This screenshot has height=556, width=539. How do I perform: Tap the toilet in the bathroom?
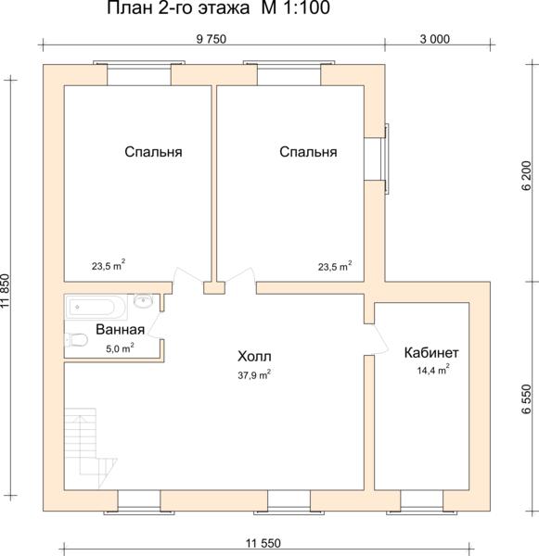coord(76,340)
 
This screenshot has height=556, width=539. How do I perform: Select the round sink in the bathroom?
coord(144,300)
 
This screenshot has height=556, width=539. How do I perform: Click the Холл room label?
coord(254,357)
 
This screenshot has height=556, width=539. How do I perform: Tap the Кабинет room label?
coord(431,352)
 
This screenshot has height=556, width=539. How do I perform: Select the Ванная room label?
coord(121,329)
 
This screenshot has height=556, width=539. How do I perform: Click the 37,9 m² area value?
coord(254,374)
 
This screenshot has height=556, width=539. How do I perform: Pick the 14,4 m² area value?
coord(433,370)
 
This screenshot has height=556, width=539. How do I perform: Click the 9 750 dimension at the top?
coord(212,39)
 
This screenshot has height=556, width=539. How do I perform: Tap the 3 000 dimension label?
coord(434,39)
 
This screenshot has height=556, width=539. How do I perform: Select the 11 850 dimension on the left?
coord(5,291)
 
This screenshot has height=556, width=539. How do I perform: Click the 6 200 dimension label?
coord(527,175)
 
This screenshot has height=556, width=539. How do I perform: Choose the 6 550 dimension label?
coord(527,398)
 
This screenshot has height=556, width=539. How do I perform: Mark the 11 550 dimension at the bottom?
coord(263,543)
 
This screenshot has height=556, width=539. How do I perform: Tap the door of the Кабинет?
coord(377,339)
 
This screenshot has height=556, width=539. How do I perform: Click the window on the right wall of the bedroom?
coord(383,158)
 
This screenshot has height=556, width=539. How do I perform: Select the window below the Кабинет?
coord(422,501)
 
